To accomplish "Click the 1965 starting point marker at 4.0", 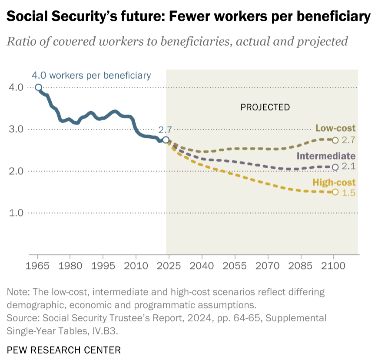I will click(x=38, y=87).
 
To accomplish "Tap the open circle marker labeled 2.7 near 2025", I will click(x=166, y=140).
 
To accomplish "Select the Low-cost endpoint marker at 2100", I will click(x=335, y=140).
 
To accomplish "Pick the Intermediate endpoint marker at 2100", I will click(x=335, y=167).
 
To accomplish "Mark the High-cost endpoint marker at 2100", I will click(x=335, y=192).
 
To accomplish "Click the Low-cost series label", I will click(x=335, y=128).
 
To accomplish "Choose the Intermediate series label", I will click(x=326, y=156).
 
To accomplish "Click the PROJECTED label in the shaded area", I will click(x=265, y=107).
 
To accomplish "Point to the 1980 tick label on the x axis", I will click(x=70, y=264).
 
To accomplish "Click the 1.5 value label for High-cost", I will click(x=348, y=193).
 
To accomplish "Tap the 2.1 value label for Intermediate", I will click(x=348, y=167).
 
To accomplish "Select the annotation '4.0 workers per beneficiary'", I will click(x=91, y=75).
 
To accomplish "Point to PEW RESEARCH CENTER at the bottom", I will click(x=64, y=350).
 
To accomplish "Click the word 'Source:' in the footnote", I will click(x=21, y=319).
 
